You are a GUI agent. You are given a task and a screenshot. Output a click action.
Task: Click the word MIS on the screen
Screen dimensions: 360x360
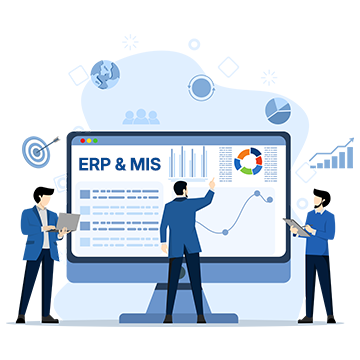click(142, 163)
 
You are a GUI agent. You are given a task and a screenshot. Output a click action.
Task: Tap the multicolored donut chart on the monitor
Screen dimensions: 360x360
click(248, 160)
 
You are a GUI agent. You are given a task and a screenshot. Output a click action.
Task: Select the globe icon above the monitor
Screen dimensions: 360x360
click(104, 74)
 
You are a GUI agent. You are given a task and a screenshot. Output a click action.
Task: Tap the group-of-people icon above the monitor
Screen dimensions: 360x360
click(141, 118)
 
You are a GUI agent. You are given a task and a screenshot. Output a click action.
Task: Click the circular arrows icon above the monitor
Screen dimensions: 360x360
click(202, 87)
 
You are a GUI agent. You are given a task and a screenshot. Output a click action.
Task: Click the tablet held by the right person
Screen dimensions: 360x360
click(292, 226)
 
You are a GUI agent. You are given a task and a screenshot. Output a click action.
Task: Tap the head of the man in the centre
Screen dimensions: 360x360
click(180, 187)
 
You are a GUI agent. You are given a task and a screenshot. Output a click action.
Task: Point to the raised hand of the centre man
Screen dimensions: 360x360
click(212, 184)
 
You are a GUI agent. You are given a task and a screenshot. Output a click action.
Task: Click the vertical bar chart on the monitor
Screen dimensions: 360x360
click(188, 162)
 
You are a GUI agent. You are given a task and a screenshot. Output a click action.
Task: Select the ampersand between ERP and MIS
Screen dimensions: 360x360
click(121, 163)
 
